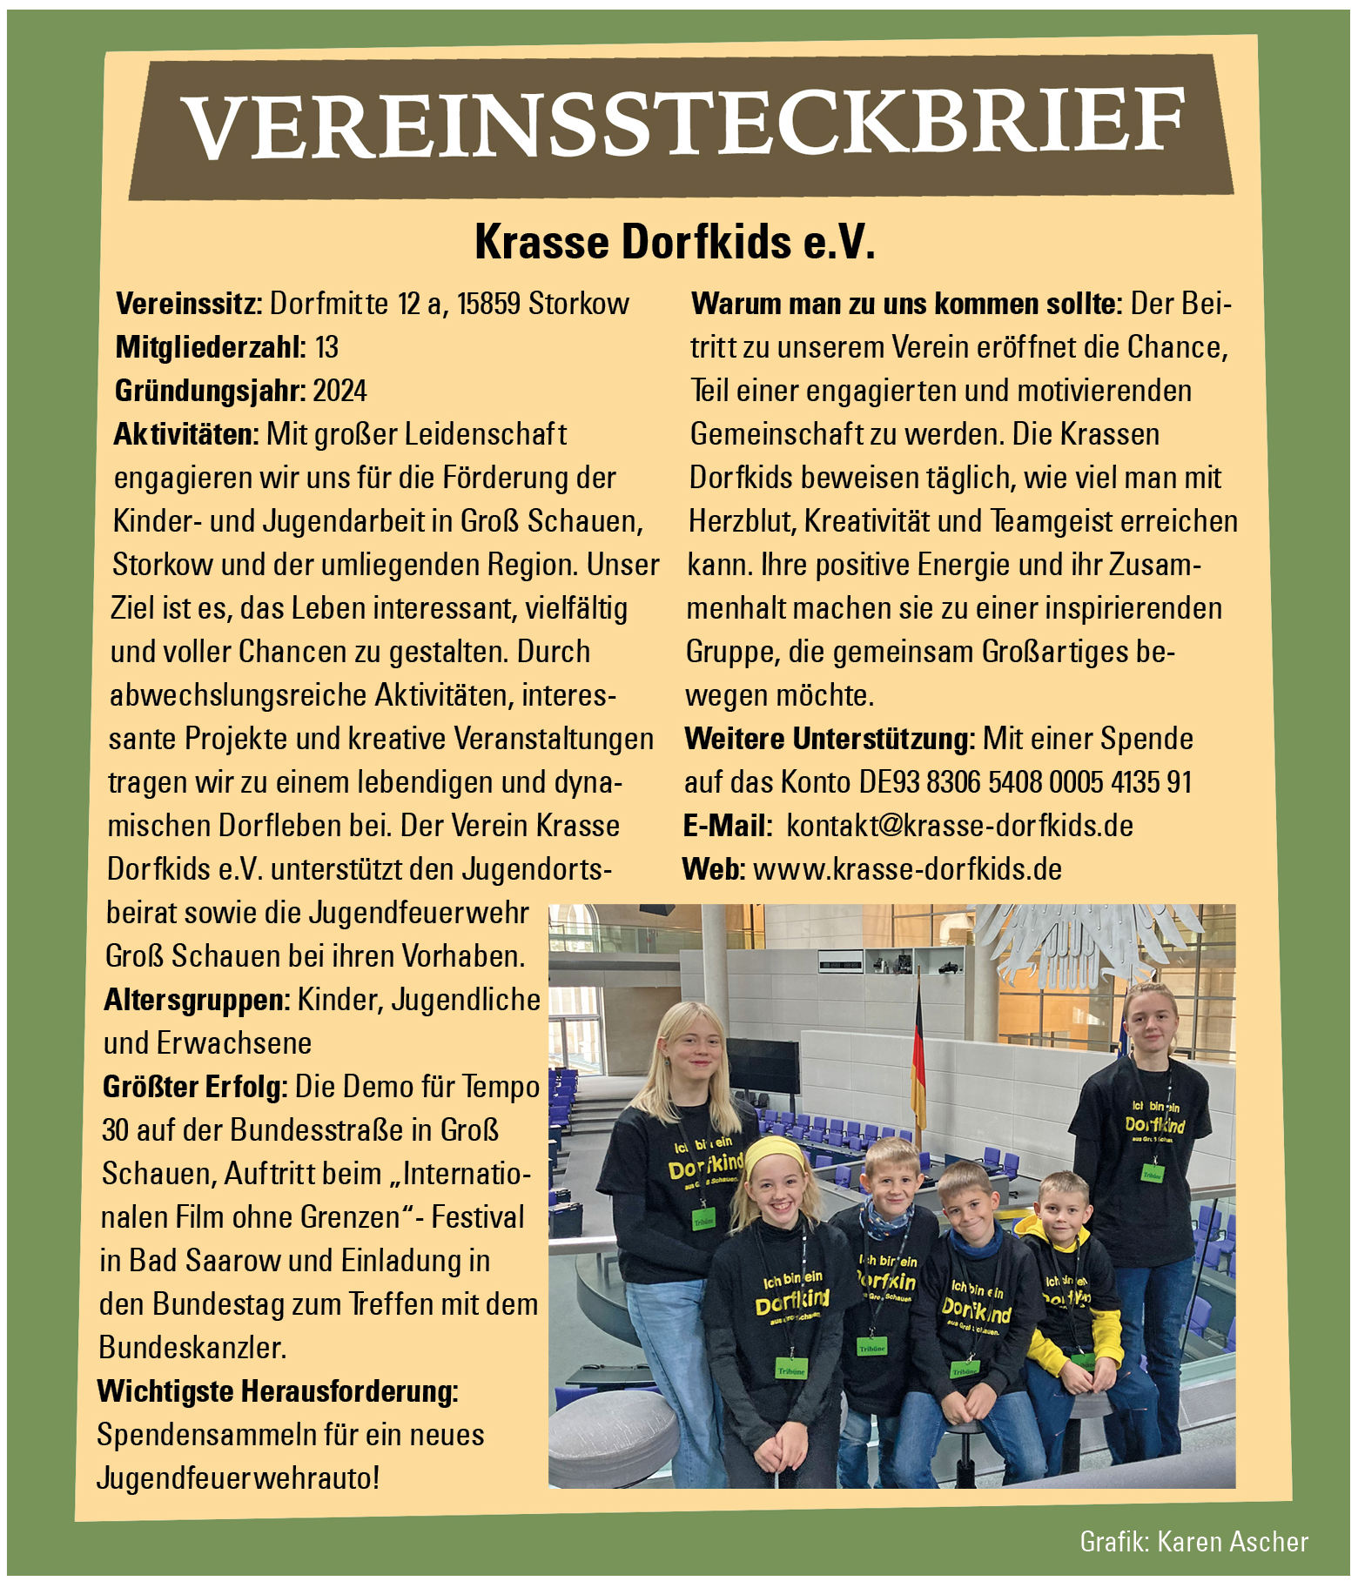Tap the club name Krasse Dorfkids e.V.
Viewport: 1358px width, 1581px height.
click(675, 243)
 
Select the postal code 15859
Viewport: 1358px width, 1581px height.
click(489, 304)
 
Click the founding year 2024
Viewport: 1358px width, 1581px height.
click(339, 391)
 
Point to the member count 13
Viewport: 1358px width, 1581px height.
click(326, 347)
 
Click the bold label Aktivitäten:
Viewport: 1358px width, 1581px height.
click(186, 434)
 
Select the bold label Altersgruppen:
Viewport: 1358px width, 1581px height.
click(197, 1000)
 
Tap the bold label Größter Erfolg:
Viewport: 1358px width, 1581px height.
click(195, 1087)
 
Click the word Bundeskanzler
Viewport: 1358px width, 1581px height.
click(192, 1348)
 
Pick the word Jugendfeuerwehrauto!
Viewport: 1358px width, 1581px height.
click(238, 1478)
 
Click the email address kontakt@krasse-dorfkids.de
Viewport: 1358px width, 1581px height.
click(959, 826)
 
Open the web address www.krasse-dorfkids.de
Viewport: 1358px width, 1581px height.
click(907, 869)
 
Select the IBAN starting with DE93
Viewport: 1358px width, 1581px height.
click(1025, 782)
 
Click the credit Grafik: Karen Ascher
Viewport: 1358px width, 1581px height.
click(1193, 1541)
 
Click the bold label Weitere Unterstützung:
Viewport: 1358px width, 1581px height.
click(830, 739)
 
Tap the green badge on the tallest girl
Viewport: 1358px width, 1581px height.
click(1153, 1173)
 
